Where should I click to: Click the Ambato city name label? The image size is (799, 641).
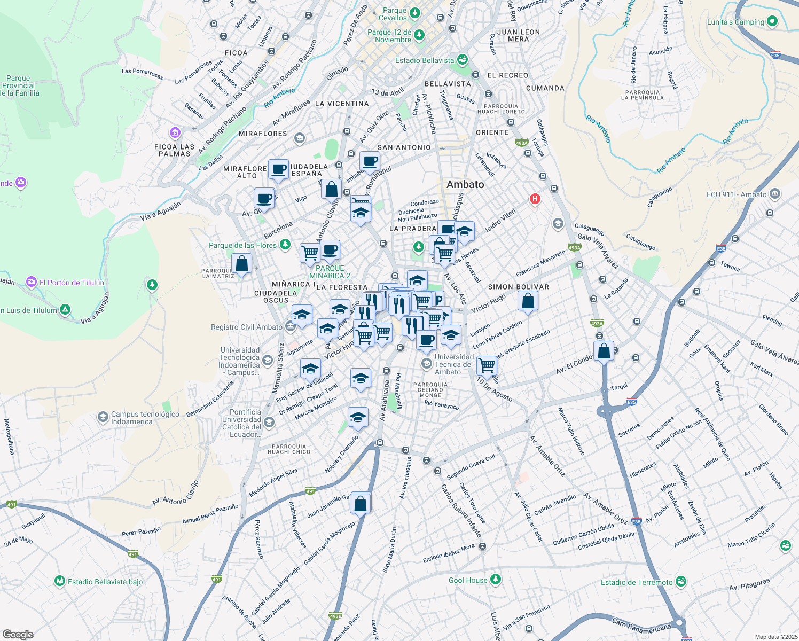click(465, 184)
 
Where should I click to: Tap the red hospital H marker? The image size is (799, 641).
click(535, 199)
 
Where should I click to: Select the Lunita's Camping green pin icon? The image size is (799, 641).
click(772, 22)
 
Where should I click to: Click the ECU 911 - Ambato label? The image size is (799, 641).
click(736, 194)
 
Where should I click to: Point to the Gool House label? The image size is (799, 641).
click(468, 580)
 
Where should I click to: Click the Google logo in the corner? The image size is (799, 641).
click(18, 635)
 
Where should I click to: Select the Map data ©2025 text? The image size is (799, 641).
click(775, 637)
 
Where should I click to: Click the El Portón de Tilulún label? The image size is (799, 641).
click(72, 283)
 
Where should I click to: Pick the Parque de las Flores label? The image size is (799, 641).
click(242, 245)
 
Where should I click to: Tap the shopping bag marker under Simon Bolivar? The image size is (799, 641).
click(528, 302)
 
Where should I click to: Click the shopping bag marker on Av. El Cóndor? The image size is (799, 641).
click(604, 351)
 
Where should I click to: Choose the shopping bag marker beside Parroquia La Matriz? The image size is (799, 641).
click(241, 264)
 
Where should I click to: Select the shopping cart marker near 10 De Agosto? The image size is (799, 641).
click(487, 366)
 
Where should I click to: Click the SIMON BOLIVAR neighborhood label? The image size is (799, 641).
click(518, 287)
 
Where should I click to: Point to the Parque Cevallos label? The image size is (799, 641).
click(394, 14)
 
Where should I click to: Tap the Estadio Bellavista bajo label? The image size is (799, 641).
click(105, 582)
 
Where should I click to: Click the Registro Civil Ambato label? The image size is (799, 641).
click(246, 327)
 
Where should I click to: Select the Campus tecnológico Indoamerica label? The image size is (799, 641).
click(145, 418)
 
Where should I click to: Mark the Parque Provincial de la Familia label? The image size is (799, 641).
click(19, 85)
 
